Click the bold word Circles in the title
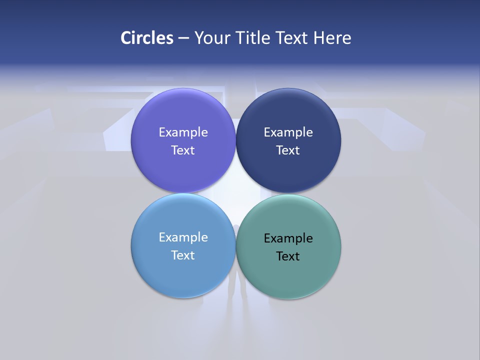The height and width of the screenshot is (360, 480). tap(147, 37)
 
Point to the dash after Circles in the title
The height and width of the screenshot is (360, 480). tap(183, 38)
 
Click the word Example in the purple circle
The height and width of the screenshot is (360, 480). tap(183, 132)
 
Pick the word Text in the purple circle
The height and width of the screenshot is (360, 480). tap(183, 150)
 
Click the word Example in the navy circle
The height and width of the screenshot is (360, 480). tap(288, 132)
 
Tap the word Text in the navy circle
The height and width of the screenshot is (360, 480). tap(288, 150)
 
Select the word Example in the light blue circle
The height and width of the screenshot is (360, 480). tap(183, 237)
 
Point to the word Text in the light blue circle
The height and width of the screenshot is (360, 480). tap(183, 255)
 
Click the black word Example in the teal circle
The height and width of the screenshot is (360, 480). tap(288, 238)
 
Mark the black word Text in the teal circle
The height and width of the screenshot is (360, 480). tap(288, 256)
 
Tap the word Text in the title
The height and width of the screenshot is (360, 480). tap(292, 37)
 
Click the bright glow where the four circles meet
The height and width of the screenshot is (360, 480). tap(236, 193)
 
